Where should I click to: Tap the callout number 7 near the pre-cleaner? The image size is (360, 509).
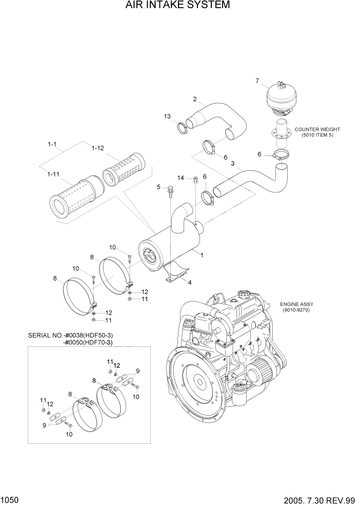257,80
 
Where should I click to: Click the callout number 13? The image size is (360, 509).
167,117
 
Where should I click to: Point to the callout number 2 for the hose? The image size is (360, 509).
195,99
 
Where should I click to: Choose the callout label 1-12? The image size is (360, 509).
98,148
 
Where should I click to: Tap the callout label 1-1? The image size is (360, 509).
52,145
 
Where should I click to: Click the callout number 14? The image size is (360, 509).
181,178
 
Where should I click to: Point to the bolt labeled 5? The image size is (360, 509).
170,192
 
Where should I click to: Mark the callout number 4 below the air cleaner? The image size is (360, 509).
190,282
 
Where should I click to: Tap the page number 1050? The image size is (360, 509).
11,499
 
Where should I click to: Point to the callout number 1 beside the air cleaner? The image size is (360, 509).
203,254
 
